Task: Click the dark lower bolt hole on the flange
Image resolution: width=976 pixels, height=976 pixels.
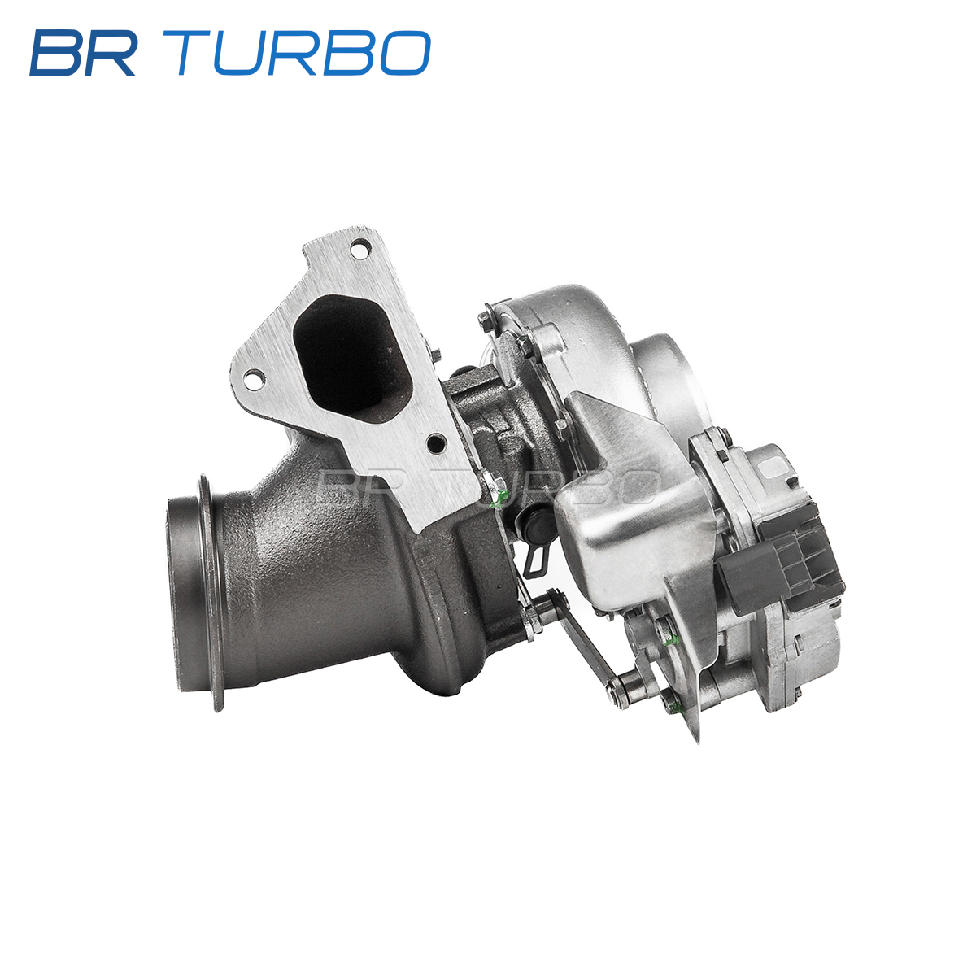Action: tap(436, 444)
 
